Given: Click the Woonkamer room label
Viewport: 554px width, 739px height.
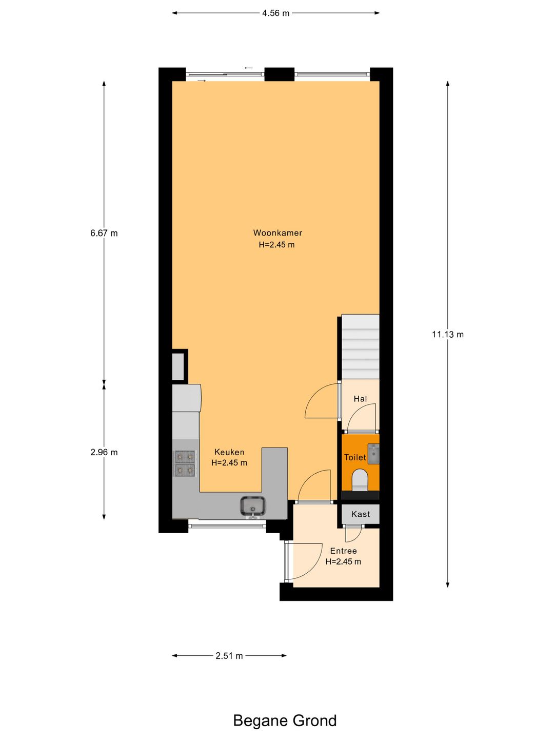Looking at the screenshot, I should [278, 232].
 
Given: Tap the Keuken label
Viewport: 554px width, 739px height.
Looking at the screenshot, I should [229, 452].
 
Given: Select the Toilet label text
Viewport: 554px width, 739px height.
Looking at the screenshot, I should [355, 457].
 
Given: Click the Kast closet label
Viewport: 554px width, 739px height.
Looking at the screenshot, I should [361, 514].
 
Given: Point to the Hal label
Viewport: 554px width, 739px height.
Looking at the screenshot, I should [360, 399].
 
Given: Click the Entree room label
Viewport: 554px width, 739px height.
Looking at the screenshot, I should [343, 551].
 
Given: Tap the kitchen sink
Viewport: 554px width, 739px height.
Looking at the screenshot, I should [252, 506].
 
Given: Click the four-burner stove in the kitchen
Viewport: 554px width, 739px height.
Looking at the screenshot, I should [185, 463].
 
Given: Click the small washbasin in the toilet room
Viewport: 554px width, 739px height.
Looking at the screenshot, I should [374, 454].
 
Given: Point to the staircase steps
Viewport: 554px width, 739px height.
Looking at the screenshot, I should [360, 347].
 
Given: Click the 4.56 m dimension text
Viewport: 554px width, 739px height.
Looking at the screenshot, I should [275, 13].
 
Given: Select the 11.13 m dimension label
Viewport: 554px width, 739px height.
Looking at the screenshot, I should [447, 335].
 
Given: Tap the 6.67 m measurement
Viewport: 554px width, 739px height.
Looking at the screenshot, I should [104, 233].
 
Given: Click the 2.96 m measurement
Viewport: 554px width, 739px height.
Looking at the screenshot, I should [104, 452].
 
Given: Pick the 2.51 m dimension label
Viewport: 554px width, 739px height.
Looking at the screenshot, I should [229, 655].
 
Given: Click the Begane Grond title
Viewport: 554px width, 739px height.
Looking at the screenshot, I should [285, 721].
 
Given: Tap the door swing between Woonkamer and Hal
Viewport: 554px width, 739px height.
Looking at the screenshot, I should [322, 402].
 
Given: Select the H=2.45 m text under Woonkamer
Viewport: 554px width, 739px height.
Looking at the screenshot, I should [276, 245].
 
